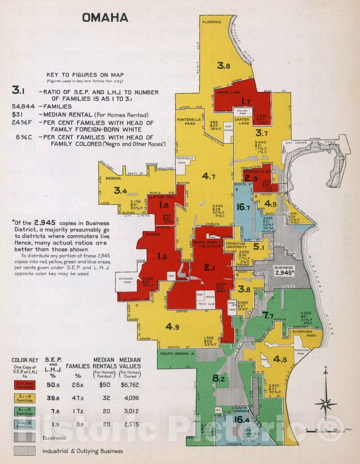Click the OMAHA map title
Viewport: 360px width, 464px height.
(105, 18)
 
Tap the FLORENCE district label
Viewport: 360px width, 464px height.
(212, 22)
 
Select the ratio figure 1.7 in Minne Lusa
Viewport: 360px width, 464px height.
(246, 101)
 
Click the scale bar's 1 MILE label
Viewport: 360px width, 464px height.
(348, 429)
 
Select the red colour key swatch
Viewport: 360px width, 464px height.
(25, 385)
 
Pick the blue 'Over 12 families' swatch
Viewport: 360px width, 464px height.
(25, 425)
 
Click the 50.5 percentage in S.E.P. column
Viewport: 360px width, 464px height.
(53, 385)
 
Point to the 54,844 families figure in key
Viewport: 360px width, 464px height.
(23, 106)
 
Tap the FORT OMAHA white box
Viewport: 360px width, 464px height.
(228, 128)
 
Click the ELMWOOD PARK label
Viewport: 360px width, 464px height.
(126, 280)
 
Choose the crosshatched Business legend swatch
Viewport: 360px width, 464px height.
(25, 438)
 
